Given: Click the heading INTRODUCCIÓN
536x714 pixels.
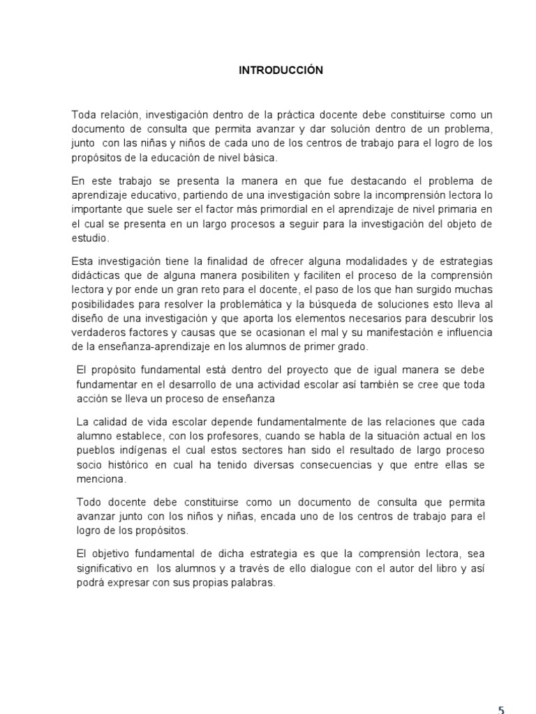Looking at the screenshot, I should [281, 70].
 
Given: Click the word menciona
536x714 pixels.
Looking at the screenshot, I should [100, 480].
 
